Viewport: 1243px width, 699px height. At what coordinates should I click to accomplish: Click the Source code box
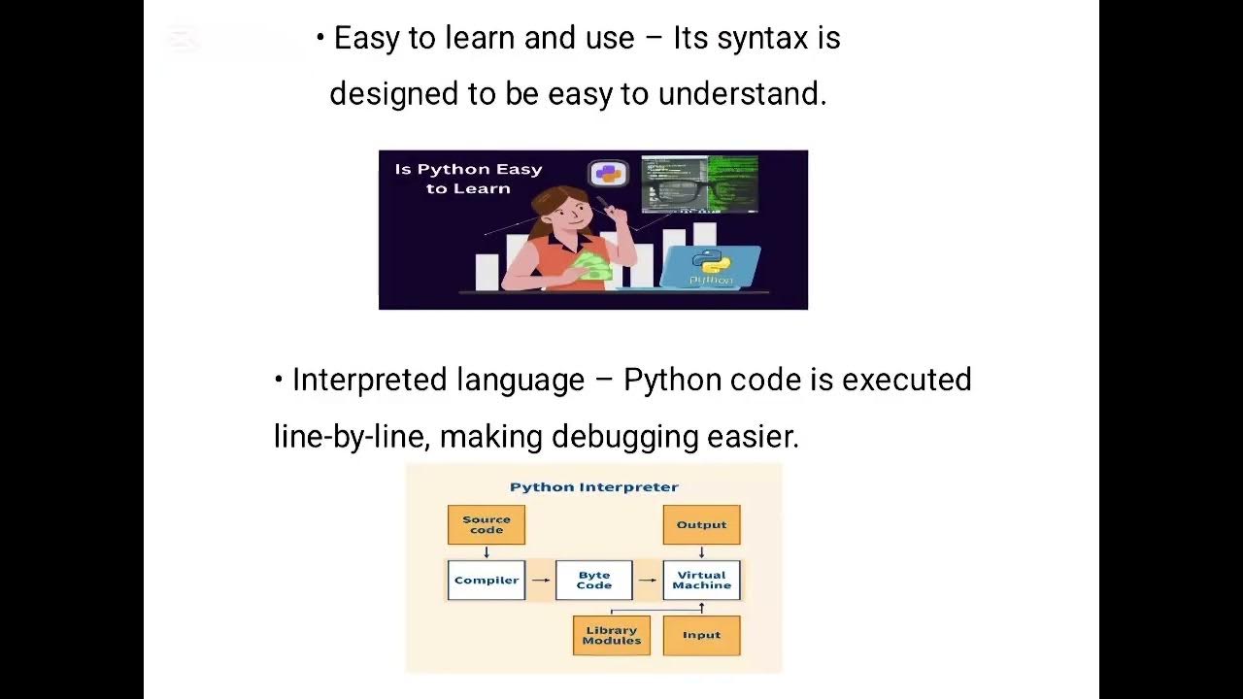pos(487,524)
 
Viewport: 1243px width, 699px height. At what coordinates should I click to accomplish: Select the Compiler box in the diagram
pos(487,581)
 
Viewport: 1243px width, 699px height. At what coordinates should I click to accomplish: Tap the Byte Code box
pos(594,581)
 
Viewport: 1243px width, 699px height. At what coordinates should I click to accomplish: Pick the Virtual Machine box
pos(701,581)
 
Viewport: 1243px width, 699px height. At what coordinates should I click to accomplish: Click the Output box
pos(701,524)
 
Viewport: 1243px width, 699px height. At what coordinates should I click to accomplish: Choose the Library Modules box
pos(612,636)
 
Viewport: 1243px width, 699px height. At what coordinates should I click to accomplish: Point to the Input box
pos(701,636)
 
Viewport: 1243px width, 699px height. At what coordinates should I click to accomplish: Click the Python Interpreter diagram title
pos(594,487)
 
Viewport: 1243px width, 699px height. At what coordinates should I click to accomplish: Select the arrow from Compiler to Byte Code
pos(541,581)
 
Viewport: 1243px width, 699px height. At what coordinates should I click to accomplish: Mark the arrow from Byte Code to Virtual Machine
pos(648,581)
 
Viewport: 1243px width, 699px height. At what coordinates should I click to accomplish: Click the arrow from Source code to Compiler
pos(487,552)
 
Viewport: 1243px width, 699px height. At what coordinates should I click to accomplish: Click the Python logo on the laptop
pos(712,261)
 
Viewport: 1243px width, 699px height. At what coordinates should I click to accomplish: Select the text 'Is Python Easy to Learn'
pos(468,179)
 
